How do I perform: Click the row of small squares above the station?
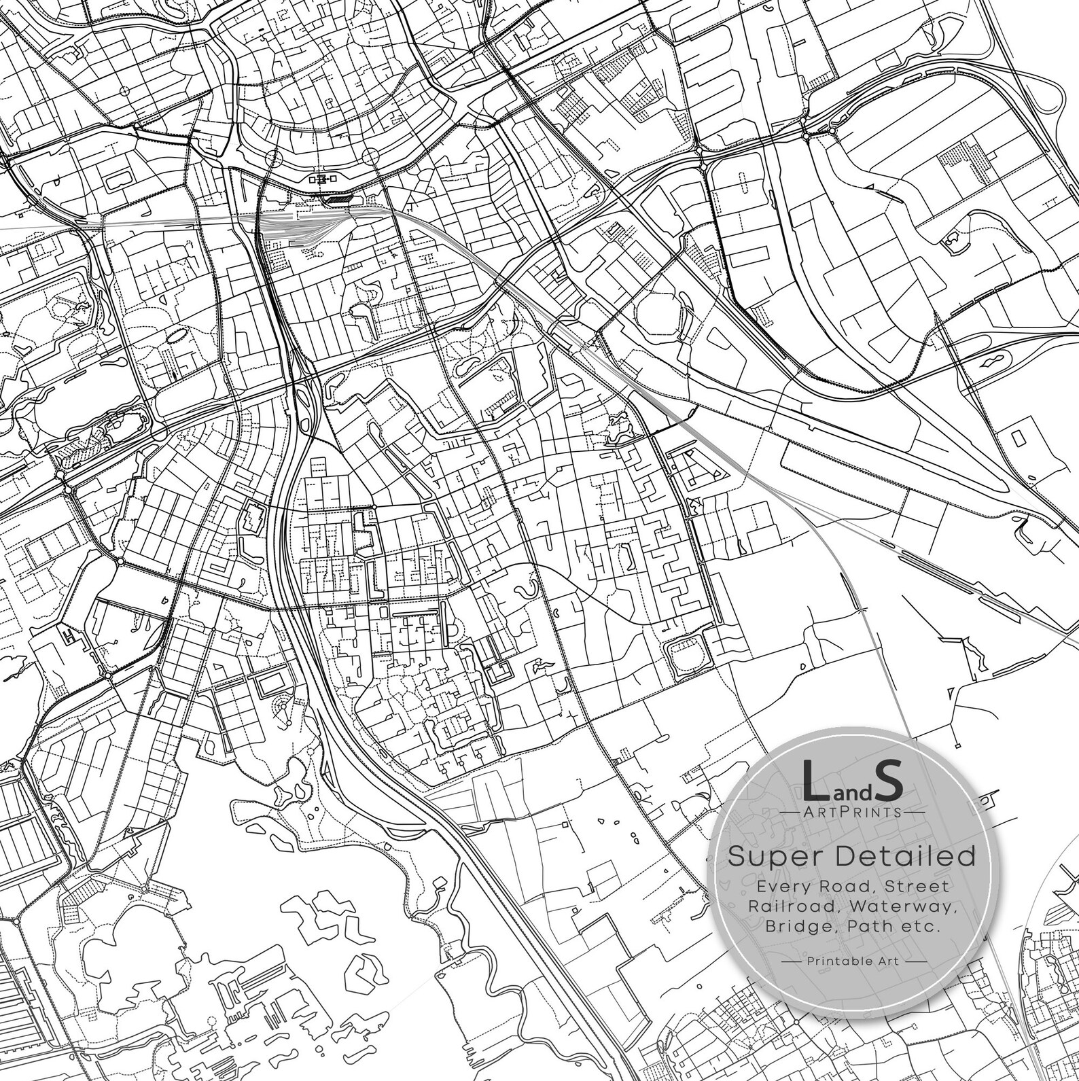tap(323, 179)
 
